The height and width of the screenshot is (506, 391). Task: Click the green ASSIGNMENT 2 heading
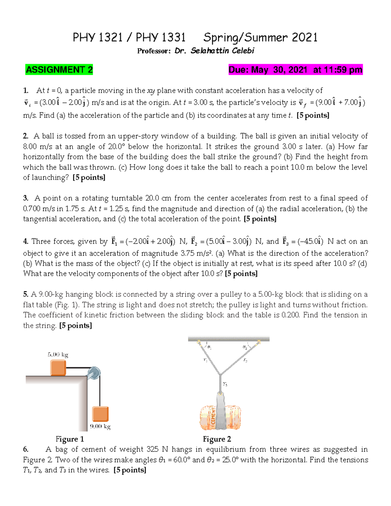click(x=59, y=70)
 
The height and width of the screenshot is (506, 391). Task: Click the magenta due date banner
click(x=295, y=70)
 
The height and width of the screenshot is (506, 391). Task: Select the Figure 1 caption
click(x=70, y=439)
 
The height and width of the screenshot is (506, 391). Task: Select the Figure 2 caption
click(x=217, y=439)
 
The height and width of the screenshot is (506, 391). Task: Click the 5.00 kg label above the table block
click(x=58, y=354)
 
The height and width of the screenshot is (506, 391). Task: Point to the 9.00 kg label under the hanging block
click(x=100, y=426)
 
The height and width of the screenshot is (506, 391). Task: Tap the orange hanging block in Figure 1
click(x=100, y=414)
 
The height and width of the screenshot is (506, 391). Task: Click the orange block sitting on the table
click(x=58, y=368)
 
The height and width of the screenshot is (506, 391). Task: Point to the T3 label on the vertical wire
click(x=225, y=384)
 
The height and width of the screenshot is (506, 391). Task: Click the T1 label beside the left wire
click(x=205, y=360)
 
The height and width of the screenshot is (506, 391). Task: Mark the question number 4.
click(x=26, y=241)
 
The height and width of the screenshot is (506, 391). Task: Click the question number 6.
click(x=26, y=450)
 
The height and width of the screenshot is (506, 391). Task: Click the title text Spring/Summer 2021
click(x=260, y=38)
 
